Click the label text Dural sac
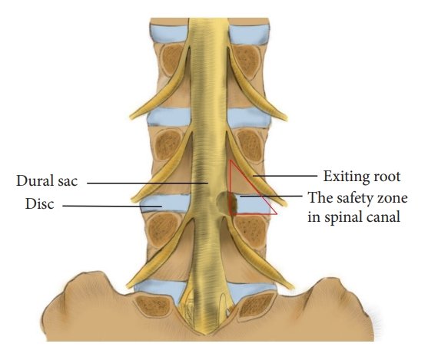tap(47, 181)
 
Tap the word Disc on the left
tap(40, 203)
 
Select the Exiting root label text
tap(362, 177)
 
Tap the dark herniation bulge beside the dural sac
tap(224, 203)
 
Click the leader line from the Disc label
tap(112, 206)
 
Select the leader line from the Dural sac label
tap(148, 183)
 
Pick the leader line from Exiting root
tap(285, 176)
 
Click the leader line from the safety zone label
tap(270, 196)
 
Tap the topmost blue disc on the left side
tap(169, 34)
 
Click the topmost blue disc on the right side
tap(248, 35)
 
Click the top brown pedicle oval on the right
tap(246, 61)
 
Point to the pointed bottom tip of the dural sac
tap(206, 335)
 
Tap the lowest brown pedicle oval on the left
tap(154, 305)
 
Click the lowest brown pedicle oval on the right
tap(257, 305)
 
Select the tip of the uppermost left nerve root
tap(131, 117)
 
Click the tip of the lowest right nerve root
tap(293, 288)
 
